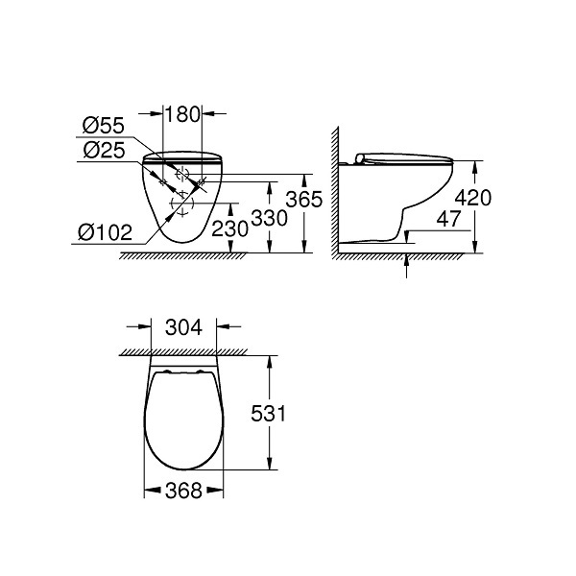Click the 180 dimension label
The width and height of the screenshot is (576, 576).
point(182,114)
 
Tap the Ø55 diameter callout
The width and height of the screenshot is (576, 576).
point(104,126)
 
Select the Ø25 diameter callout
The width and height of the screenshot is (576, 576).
point(104,150)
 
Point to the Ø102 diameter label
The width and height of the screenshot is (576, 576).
point(105,232)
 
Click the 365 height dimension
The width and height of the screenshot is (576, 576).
point(303,200)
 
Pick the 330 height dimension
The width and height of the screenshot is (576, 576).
point(269,218)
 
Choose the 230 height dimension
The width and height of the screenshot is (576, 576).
point(230,228)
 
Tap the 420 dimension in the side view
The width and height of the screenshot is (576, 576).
point(472,198)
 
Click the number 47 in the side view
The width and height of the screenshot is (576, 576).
point(448,219)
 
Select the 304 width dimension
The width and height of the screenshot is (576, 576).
point(183,327)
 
